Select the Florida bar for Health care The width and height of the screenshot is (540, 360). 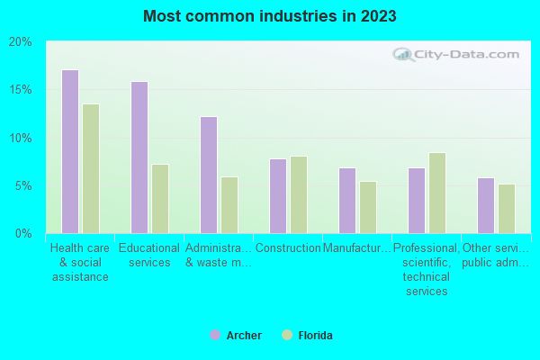point(91,168)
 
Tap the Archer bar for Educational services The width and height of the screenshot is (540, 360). point(139,157)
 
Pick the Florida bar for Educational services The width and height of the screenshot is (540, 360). point(160,199)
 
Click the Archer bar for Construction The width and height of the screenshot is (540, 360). point(277,196)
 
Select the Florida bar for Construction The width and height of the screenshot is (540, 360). point(299,195)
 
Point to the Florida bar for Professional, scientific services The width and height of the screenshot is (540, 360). point(436,193)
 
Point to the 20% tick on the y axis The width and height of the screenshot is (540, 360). point(20,42)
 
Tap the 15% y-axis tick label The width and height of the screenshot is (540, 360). point(20,90)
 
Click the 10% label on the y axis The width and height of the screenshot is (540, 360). point(20,138)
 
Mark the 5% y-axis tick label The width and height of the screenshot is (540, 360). point(22,185)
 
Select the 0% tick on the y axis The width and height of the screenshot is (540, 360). point(22,233)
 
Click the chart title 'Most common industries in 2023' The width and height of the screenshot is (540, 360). point(269,16)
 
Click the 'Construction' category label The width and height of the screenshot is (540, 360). point(288,248)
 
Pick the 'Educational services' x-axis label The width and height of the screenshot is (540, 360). point(149,256)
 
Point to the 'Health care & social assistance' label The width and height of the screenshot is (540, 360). point(80,262)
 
